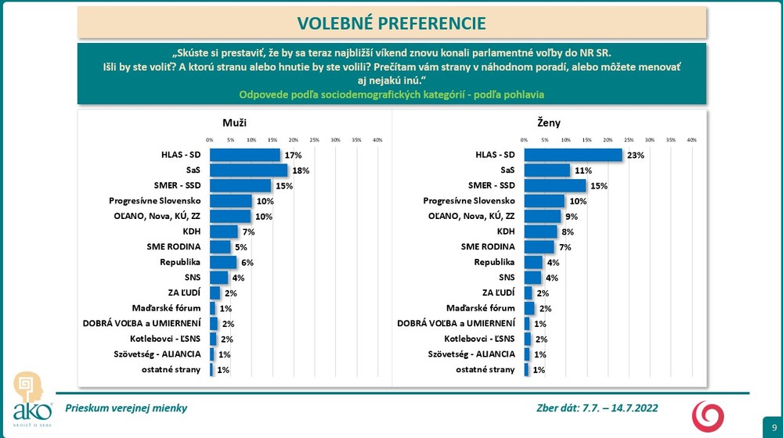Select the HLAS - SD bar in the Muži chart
pos(244,155)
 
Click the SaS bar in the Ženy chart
pos(547,170)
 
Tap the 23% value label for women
pos(635,155)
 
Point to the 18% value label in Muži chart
pos(301,170)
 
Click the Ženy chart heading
pos(550,123)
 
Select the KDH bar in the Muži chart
pos(223,232)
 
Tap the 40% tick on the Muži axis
pos(377,139)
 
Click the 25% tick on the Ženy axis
pos(629,139)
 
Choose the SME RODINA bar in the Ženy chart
pos(539,246)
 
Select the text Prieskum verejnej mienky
pos(126,408)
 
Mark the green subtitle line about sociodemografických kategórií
pos(391,94)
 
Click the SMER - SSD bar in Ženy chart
pos(554,185)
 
